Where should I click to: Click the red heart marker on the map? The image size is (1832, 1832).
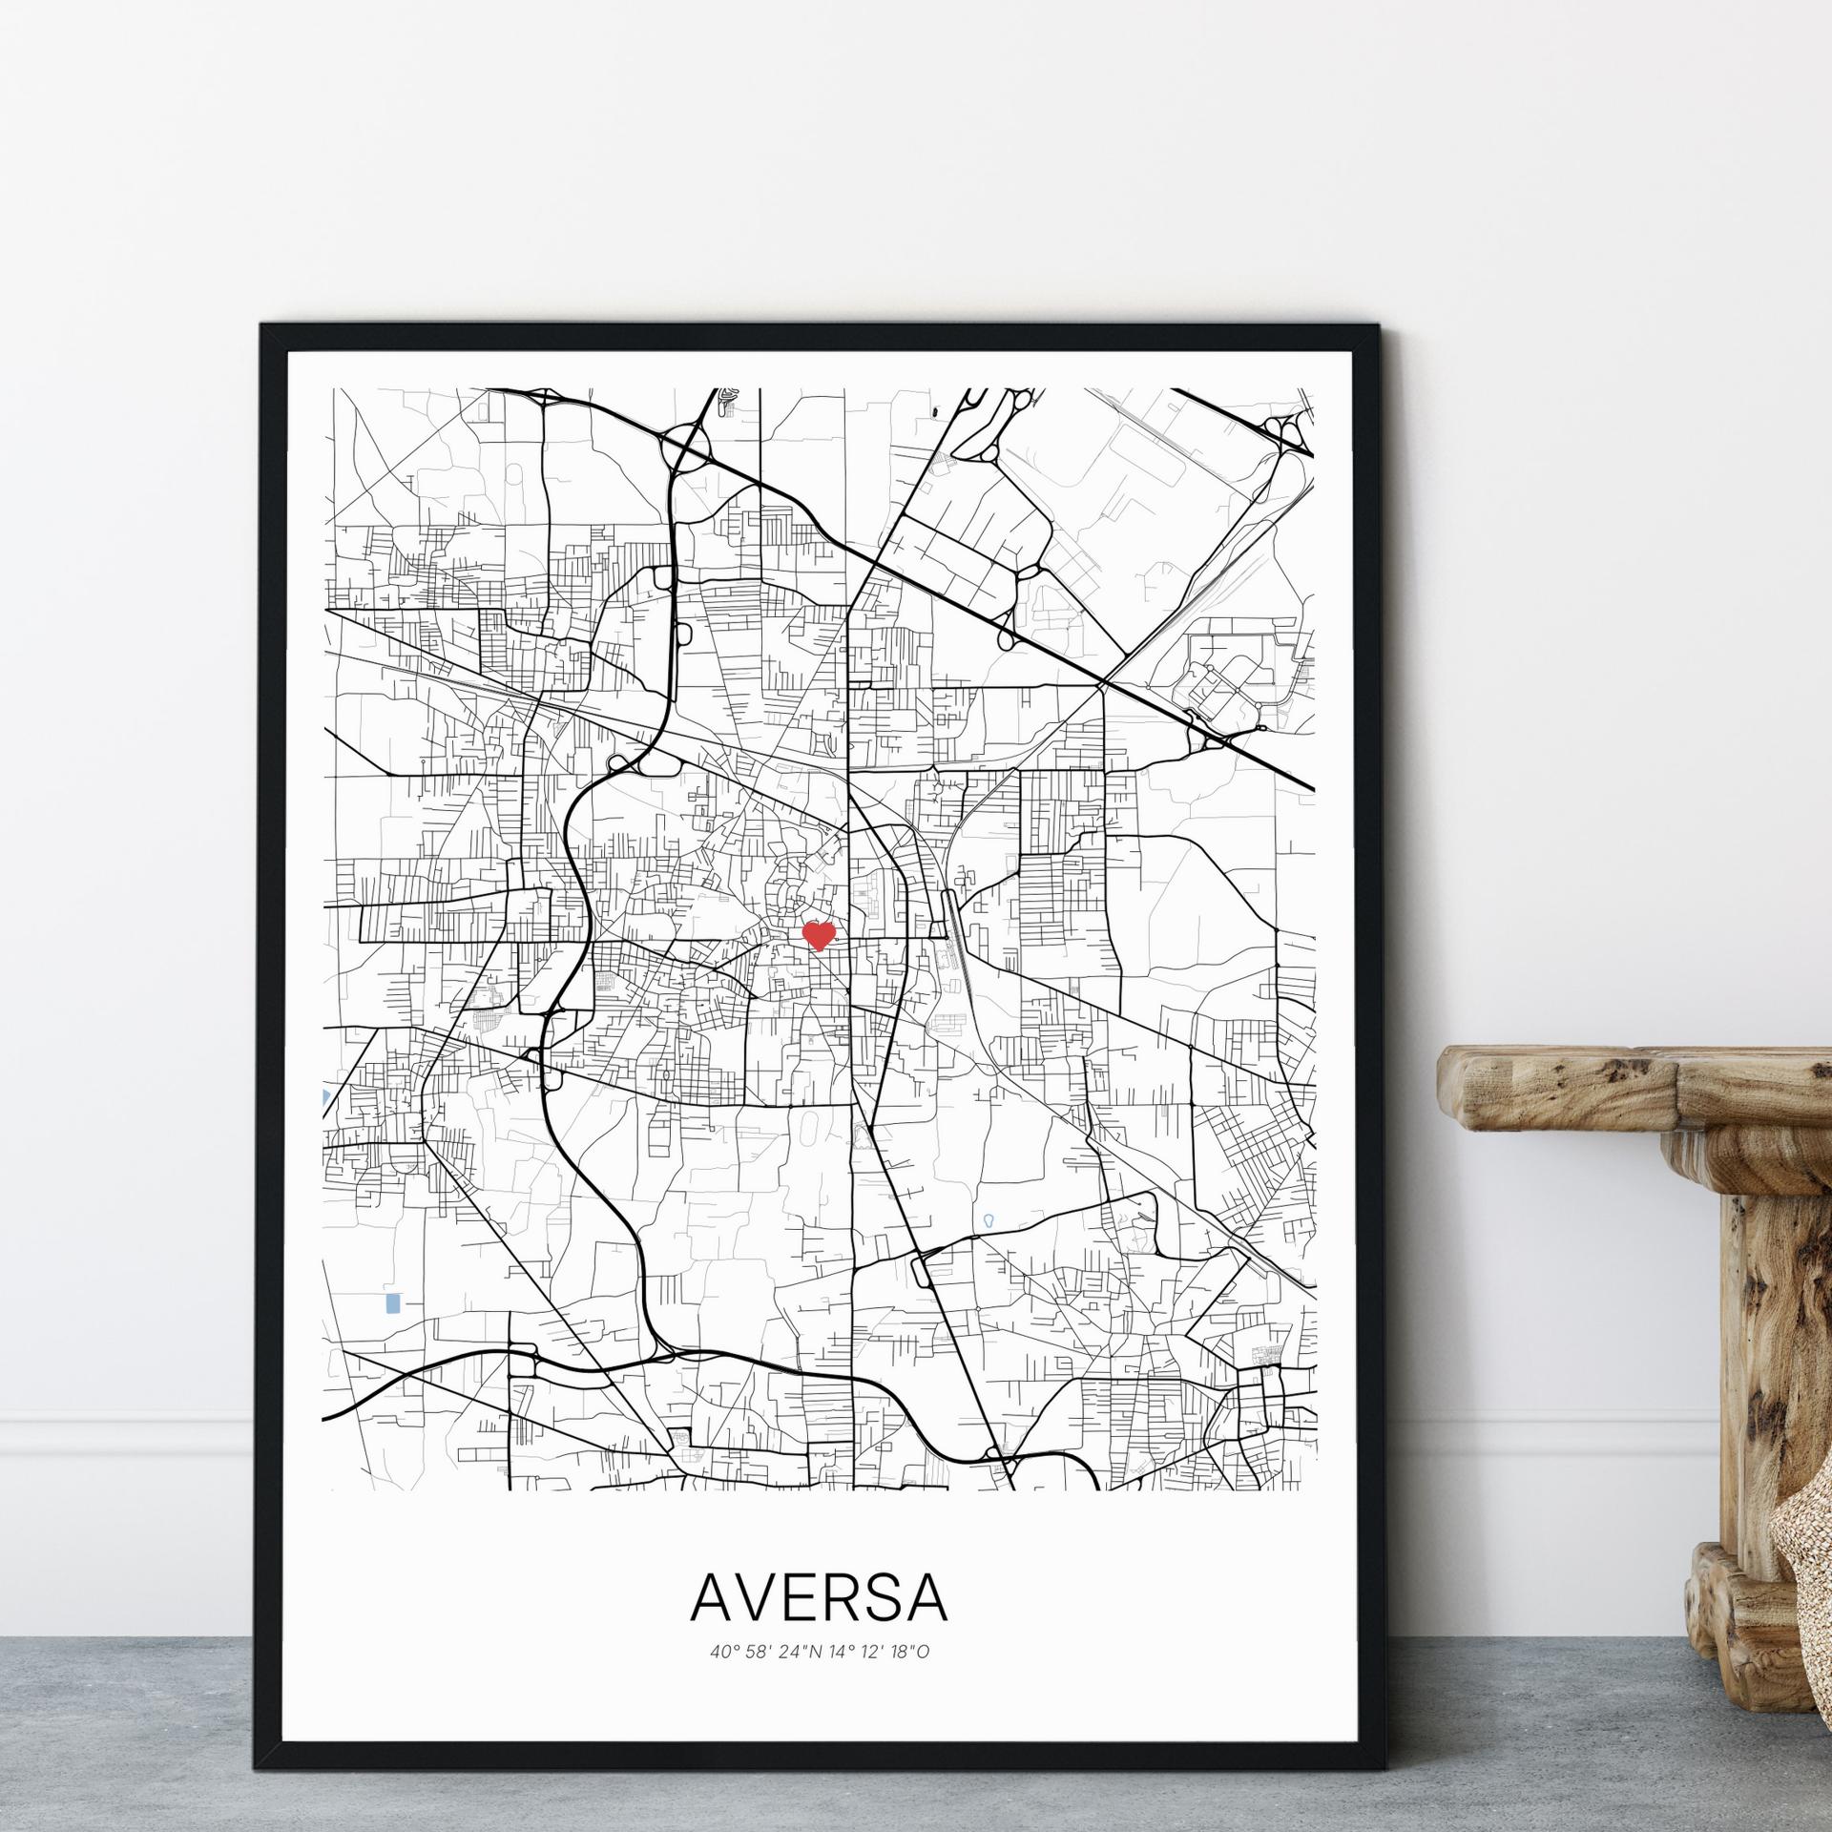tap(819, 934)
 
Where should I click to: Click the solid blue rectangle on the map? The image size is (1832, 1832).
tap(391, 1303)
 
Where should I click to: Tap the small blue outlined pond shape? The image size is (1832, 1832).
tap(989, 1220)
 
